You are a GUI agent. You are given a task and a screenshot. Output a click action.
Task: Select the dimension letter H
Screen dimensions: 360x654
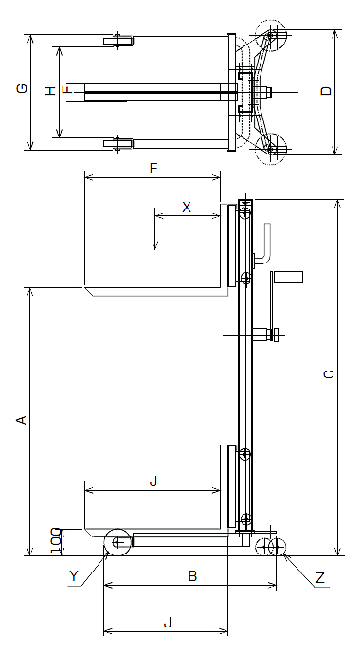pos(50,90)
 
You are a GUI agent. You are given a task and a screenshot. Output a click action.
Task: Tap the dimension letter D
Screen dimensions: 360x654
pos(327,90)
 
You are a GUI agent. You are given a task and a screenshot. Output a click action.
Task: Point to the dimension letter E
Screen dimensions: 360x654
pos(153,169)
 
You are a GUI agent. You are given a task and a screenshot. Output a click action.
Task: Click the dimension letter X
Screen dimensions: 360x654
pos(187,207)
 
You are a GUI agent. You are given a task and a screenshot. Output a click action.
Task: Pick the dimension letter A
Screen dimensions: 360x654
pos(22,420)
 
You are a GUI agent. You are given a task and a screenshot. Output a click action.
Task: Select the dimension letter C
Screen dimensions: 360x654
pos(329,374)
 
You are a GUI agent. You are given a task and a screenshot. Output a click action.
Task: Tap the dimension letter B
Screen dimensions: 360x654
pos(192,576)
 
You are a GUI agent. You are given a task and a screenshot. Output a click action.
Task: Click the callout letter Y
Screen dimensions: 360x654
pos(74,576)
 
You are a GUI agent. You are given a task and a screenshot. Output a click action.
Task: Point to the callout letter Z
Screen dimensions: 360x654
pos(320,577)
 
